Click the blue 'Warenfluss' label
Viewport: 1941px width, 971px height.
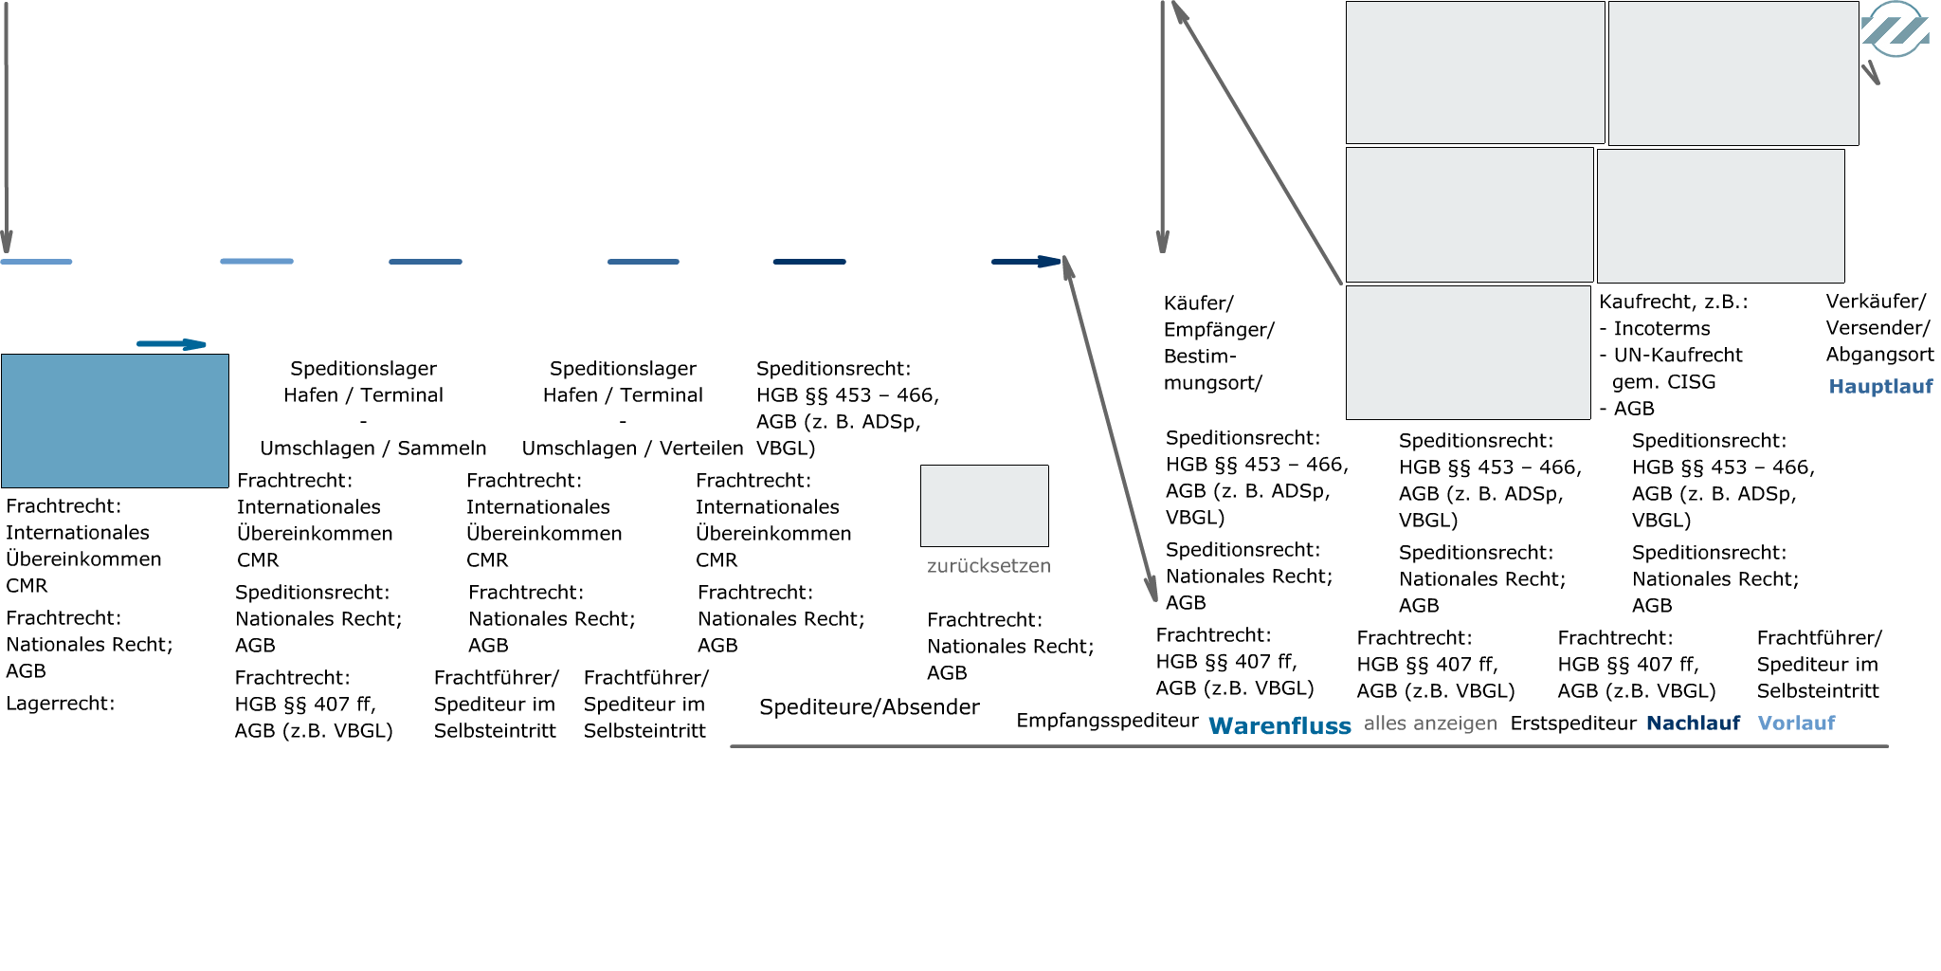click(x=1279, y=725)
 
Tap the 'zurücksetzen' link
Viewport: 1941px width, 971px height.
click(x=989, y=566)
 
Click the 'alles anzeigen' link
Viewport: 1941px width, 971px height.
click(x=1430, y=724)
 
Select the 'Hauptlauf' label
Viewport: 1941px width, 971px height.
click(x=1880, y=386)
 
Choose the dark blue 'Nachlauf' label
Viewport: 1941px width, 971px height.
click(x=1693, y=723)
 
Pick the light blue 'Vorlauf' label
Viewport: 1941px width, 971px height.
click(x=1796, y=723)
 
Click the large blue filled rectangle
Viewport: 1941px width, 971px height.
click(x=115, y=421)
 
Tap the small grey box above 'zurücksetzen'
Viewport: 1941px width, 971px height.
click(x=985, y=505)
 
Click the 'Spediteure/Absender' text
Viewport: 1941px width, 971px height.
click(x=869, y=706)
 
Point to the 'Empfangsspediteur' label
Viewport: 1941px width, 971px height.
click(x=1107, y=721)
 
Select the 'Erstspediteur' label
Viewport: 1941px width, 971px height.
click(x=1573, y=723)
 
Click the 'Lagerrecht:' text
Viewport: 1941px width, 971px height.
click(x=60, y=703)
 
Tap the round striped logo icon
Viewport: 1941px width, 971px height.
click(x=1895, y=29)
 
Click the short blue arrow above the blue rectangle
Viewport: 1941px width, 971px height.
click(x=172, y=344)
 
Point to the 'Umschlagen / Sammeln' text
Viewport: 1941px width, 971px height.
click(x=372, y=448)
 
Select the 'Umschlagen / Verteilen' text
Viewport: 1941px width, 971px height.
click(x=632, y=448)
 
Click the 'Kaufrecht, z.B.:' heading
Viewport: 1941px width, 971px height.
click(x=1674, y=302)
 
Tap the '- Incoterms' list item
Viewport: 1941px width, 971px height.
click(x=1655, y=328)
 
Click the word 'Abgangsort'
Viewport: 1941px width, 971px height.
click(x=1879, y=355)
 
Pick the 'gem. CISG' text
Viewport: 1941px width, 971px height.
click(x=1663, y=381)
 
